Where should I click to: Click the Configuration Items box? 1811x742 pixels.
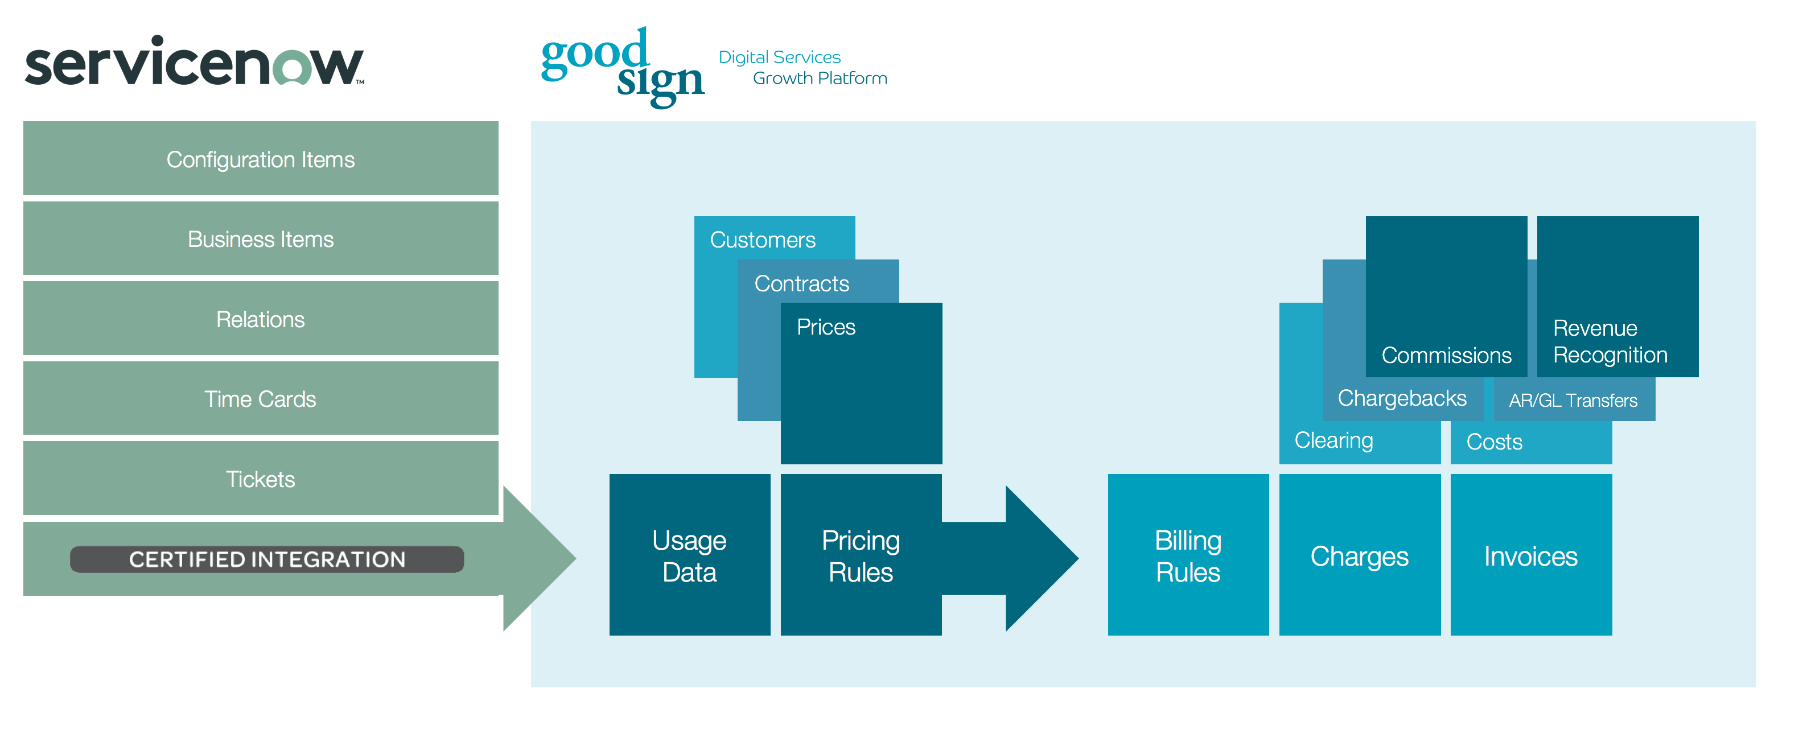click(x=260, y=159)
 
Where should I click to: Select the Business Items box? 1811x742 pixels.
click(x=260, y=239)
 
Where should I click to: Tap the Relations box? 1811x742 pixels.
click(x=260, y=319)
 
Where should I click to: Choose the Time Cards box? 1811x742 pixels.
click(x=260, y=398)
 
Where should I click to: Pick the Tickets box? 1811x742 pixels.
click(x=260, y=479)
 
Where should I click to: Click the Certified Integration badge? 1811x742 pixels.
click(x=266, y=559)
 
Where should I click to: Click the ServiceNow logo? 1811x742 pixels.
click(x=194, y=63)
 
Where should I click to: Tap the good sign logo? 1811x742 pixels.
click(x=621, y=67)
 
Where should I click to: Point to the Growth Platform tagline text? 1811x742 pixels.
click(x=819, y=78)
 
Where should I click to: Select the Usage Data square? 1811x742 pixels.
click(x=689, y=555)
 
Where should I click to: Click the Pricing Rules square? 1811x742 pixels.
click(x=861, y=555)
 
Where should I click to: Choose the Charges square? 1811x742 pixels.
click(x=1359, y=555)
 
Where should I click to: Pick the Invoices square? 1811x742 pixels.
click(x=1530, y=555)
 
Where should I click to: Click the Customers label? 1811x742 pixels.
click(x=762, y=240)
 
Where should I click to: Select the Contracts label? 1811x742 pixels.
click(x=801, y=283)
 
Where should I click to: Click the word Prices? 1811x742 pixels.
click(x=825, y=327)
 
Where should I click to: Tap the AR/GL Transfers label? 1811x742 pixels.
click(x=1573, y=401)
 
